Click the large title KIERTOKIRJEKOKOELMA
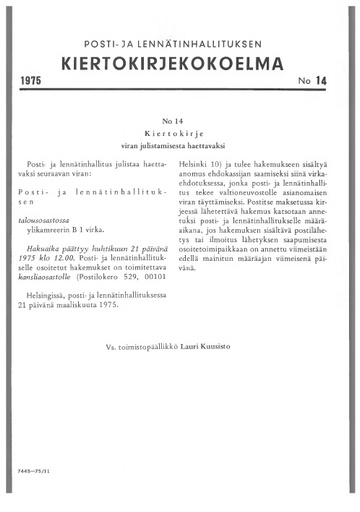click(x=179, y=63)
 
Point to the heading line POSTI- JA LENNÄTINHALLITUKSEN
click(x=179, y=42)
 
